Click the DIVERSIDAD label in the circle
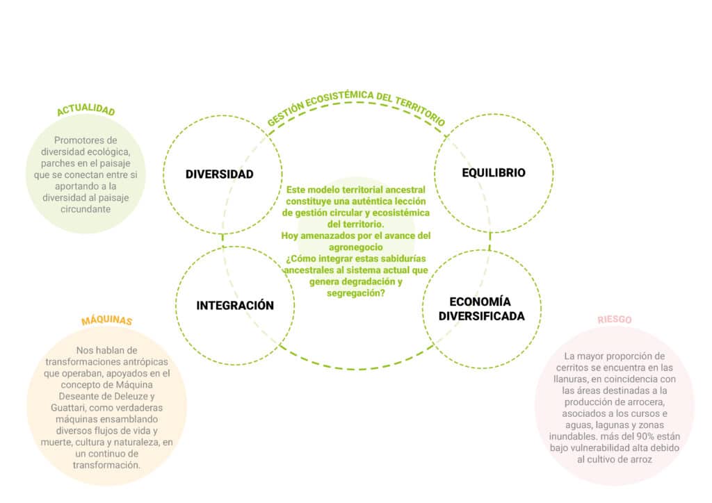pyautogui.click(x=219, y=174)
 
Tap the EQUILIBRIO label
pyautogui.click(x=494, y=173)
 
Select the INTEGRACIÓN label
pyautogui.click(x=235, y=305)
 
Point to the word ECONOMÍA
pyautogui.click(x=480, y=302)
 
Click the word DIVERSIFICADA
pyautogui.click(x=482, y=316)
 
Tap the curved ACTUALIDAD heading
pyautogui.click(x=86, y=109)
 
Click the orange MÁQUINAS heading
pyautogui.click(x=106, y=320)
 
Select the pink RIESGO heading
pyautogui.click(x=615, y=320)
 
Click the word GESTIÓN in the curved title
pyautogui.click(x=285, y=115)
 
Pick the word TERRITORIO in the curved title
pyautogui.click(x=420, y=110)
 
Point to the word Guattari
pyautogui.click(x=69, y=408)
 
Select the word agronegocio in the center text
pyautogui.click(x=355, y=247)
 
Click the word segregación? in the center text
pyautogui.click(x=355, y=293)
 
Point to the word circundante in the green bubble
pyautogui.click(x=86, y=209)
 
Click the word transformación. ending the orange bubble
pyautogui.click(x=106, y=465)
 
